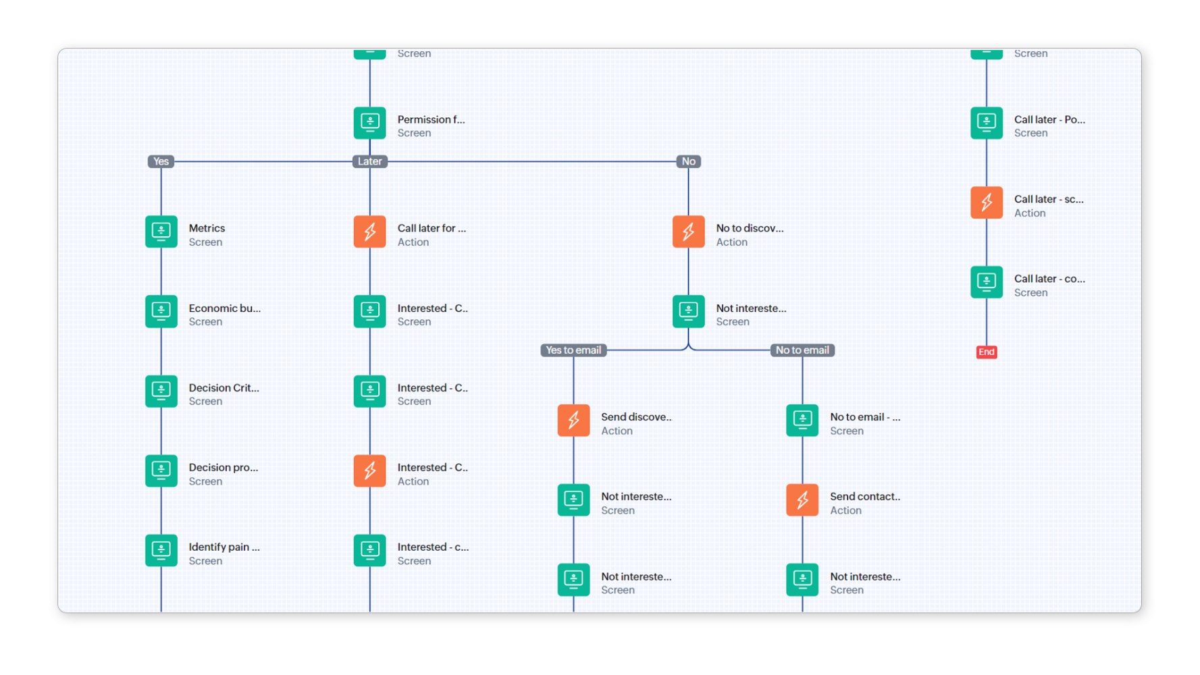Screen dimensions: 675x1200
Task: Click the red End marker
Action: point(986,352)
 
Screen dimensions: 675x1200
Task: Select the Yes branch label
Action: point(161,161)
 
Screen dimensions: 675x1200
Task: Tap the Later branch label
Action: point(369,161)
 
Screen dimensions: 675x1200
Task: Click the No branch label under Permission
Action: point(688,161)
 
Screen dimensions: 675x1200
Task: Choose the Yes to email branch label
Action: point(573,350)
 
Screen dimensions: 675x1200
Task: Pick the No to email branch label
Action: point(802,350)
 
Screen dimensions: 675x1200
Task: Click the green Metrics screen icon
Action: point(161,232)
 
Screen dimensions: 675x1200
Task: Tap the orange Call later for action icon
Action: point(369,232)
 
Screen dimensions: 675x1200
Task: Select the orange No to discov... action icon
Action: point(688,232)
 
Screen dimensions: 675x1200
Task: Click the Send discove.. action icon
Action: point(573,421)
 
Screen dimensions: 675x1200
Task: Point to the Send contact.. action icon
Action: point(802,500)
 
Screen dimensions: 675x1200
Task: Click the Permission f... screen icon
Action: point(369,123)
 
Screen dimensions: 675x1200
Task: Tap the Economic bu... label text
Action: point(224,308)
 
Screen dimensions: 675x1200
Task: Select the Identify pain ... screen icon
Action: point(161,550)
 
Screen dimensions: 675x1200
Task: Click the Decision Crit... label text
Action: point(224,388)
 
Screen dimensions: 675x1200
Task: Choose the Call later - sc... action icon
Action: point(986,202)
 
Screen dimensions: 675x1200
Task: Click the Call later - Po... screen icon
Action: point(986,123)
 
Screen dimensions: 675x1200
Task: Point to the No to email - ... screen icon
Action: point(802,421)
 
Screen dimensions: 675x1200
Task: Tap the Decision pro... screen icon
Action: point(161,470)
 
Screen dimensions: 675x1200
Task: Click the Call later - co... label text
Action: point(1049,279)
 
